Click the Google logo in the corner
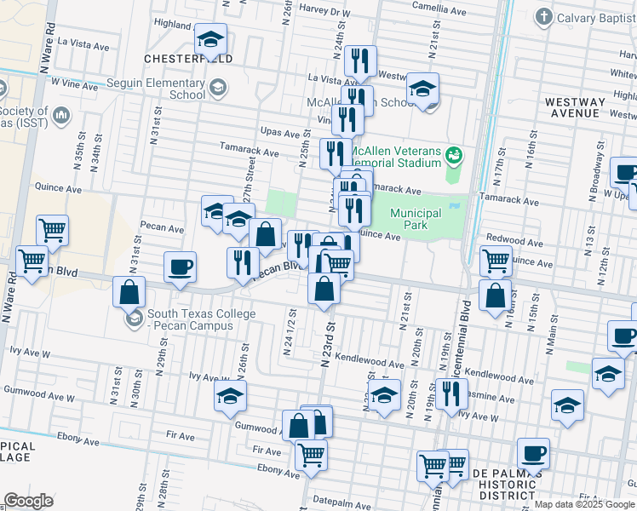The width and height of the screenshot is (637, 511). pyautogui.click(x=29, y=501)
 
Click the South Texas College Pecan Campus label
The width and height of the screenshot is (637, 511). pyautogui.click(x=201, y=319)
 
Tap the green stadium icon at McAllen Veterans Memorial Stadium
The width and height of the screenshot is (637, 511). pyautogui.click(x=455, y=153)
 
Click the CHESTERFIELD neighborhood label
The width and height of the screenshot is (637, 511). pyautogui.click(x=187, y=58)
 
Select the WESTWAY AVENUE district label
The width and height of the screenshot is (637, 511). pyautogui.click(x=575, y=107)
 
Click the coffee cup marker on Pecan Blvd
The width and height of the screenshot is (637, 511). pyautogui.click(x=181, y=267)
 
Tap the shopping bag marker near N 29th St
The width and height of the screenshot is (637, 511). pyautogui.click(x=129, y=292)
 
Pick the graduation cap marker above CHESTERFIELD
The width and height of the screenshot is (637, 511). pyautogui.click(x=210, y=39)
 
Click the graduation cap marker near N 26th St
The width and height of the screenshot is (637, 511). pyautogui.click(x=231, y=397)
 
